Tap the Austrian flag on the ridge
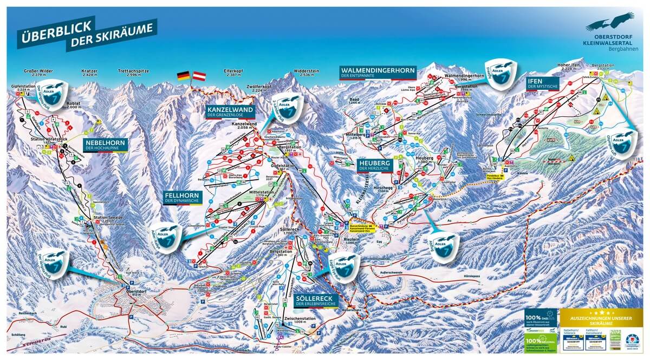pyautogui.click(x=200, y=75)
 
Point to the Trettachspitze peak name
pyautogui.click(x=133, y=71)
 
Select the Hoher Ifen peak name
pyautogui.click(x=569, y=67)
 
